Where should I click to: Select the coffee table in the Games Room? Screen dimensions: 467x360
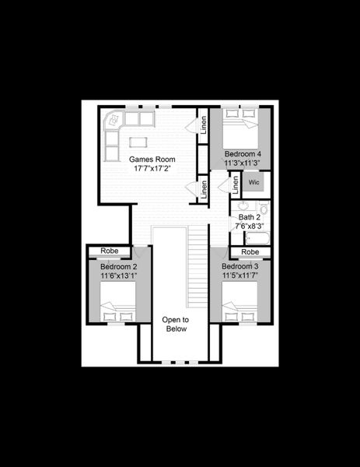(x=138, y=141)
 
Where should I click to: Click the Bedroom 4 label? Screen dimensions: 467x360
(x=243, y=154)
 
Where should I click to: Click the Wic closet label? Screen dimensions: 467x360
(x=253, y=182)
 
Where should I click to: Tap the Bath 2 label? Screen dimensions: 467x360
(x=249, y=216)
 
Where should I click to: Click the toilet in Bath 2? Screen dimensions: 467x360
(x=264, y=208)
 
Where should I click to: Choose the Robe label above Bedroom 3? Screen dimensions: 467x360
(x=250, y=252)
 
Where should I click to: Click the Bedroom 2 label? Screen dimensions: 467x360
(x=118, y=266)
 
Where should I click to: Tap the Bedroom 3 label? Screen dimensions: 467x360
(x=240, y=265)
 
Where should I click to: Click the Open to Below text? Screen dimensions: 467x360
(x=174, y=325)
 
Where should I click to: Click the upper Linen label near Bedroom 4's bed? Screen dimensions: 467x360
(x=204, y=125)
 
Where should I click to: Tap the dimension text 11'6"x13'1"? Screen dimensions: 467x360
(x=118, y=276)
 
